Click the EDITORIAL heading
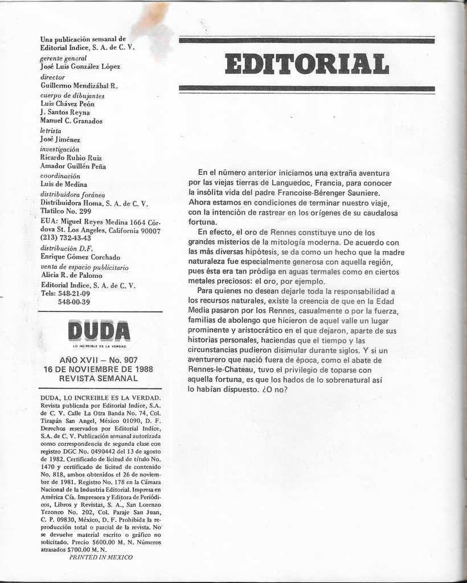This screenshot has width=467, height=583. click(306, 64)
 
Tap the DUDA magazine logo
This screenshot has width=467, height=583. click(99, 331)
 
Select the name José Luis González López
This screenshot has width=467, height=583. click(80, 67)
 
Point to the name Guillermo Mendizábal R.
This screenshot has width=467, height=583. click(79, 85)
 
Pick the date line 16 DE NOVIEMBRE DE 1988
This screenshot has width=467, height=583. click(98, 369)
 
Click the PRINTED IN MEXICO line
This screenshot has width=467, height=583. click(101, 557)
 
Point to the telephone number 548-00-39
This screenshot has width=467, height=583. click(73, 302)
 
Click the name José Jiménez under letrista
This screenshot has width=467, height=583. click(60, 139)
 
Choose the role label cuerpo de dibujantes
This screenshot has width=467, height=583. click(72, 95)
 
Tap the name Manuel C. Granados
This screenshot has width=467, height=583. click(71, 121)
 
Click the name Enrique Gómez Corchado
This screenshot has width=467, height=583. click(80, 257)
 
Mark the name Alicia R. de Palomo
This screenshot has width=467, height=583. click(72, 276)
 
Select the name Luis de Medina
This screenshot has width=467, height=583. click(63, 184)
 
